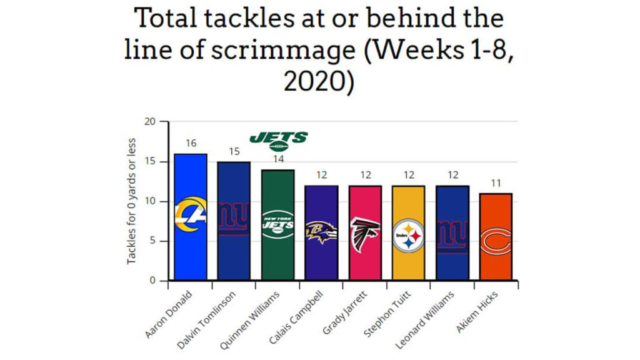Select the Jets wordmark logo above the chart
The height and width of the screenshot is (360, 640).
(279, 140)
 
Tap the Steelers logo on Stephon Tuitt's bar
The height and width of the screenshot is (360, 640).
(408, 235)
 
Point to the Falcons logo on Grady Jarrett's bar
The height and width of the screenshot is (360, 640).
(365, 234)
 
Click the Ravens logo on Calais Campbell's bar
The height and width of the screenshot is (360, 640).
(321, 232)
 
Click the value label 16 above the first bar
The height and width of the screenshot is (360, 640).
(191, 143)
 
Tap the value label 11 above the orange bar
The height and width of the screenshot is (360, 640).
(496, 183)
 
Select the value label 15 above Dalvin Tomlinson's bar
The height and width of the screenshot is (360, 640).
(234, 151)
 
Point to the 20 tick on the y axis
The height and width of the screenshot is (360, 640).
(150, 122)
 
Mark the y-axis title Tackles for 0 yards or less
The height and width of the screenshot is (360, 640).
(132, 201)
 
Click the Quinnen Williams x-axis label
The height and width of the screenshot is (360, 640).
(257, 313)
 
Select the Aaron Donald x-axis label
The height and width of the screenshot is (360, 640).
(171, 312)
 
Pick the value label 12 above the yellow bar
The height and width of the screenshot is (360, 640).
(408, 175)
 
